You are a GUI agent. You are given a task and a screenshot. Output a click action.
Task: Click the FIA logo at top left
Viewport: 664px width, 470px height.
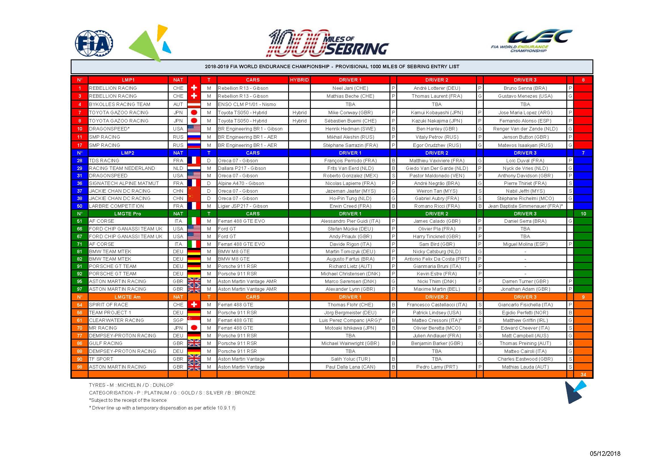[x=94, y=43]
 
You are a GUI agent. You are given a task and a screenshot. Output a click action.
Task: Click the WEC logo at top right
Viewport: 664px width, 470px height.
[x=531, y=41]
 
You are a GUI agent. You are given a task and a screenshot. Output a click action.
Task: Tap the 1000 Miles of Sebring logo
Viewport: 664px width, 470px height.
[x=328, y=43]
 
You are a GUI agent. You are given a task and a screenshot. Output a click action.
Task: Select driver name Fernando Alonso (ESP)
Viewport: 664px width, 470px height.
[x=525, y=121]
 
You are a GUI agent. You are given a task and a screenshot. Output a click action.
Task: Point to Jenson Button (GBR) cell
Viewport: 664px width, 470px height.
[x=525, y=137]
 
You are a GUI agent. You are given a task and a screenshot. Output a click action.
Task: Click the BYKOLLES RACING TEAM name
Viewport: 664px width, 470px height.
[x=120, y=104]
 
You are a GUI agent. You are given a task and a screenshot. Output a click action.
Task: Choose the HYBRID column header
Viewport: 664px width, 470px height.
[x=299, y=80]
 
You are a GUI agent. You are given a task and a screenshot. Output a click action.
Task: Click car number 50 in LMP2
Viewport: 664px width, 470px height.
[x=79, y=206]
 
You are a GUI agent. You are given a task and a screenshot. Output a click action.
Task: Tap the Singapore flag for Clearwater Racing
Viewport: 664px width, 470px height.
[x=194, y=320]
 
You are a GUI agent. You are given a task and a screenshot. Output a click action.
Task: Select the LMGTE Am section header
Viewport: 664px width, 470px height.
[x=127, y=297]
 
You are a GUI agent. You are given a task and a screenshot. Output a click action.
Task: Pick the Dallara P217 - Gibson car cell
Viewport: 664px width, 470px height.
[x=242, y=168]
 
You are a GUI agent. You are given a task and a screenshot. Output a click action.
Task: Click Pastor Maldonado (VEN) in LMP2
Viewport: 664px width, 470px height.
[x=437, y=176]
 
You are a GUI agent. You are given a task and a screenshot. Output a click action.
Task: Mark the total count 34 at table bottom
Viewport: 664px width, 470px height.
[x=583, y=375]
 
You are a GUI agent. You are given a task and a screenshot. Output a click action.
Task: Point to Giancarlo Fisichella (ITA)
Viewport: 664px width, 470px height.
[x=525, y=305]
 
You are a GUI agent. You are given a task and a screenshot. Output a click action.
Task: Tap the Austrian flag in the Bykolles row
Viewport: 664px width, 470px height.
[x=194, y=104]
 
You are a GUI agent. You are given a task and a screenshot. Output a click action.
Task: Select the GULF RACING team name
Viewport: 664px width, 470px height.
[x=106, y=343]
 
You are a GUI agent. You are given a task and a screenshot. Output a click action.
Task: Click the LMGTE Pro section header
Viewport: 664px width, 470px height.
[x=127, y=214]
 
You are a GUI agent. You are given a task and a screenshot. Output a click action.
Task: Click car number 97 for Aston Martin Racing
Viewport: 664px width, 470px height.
[x=79, y=289]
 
